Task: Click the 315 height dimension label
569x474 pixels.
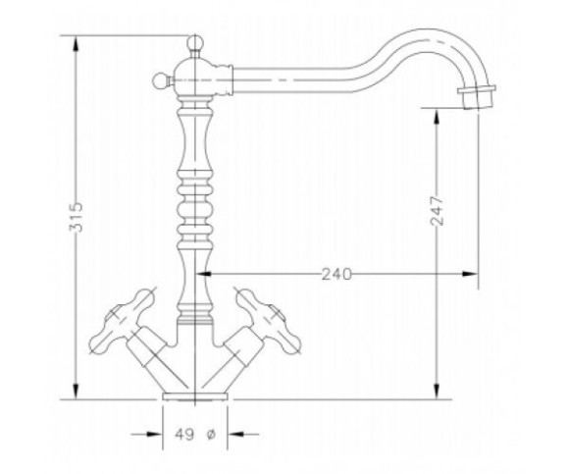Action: point(77,217)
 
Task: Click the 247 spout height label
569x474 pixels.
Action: point(437,211)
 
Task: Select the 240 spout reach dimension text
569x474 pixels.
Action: point(336,275)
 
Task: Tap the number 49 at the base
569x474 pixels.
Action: point(184,434)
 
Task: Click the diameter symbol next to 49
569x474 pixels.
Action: point(211,434)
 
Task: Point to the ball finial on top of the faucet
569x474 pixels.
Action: point(195,42)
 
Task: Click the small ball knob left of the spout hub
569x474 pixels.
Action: point(160,80)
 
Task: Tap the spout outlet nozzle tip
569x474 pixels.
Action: point(477,97)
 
